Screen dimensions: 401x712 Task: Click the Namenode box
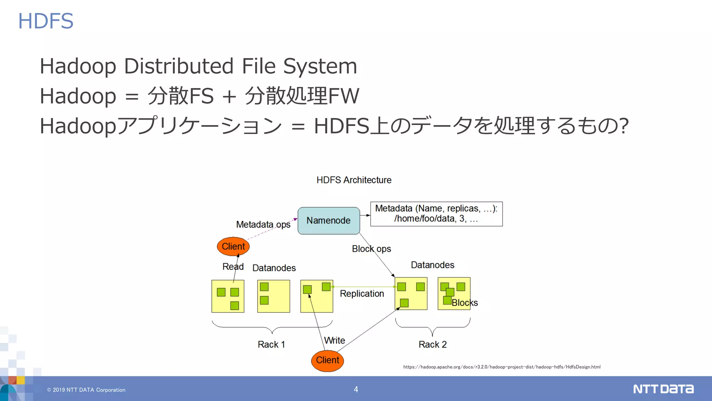(329, 221)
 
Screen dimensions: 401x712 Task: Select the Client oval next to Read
(233, 246)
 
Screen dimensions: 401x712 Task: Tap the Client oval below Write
(327, 360)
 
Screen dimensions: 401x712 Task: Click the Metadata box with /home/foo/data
(436, 214)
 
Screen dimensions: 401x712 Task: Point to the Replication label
(362, 294)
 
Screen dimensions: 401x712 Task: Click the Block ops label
(371, 249)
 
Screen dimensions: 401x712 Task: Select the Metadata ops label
(263, 225)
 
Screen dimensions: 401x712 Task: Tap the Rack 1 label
(271, 345)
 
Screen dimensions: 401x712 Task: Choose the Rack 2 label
(432, 345)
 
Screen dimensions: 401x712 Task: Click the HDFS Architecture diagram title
(354, 180)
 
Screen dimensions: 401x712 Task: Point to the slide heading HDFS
(46, 21)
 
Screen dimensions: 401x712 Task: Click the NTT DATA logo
(663, 389)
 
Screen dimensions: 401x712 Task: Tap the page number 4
(356, 389)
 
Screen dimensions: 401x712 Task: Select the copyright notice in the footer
(86, 390)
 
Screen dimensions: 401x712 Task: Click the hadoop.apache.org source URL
(502, 367)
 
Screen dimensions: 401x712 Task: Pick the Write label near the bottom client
(334, 340)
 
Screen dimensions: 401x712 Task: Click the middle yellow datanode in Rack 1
(274, 296)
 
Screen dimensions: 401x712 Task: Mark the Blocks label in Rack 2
(465, 303)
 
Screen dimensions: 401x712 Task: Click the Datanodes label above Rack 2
(432, 265)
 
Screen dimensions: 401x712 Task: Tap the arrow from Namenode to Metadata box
(365, 215)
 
